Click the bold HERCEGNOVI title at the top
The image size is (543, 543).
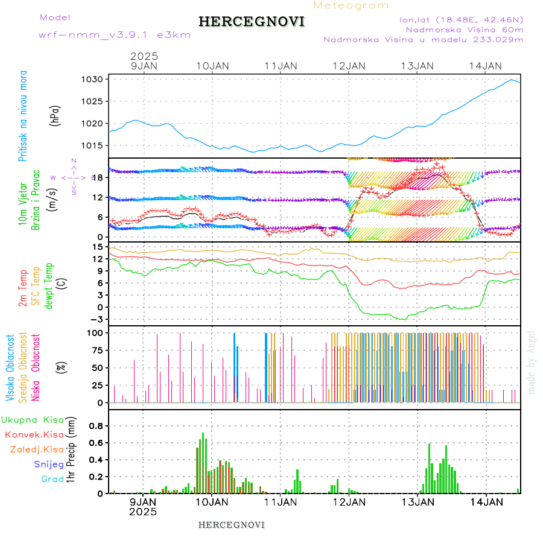pos(252,22)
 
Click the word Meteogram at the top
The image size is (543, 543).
pos(351,5)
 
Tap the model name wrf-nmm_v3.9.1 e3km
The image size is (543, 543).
pos(115,35)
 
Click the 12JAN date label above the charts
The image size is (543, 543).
pos(349,66)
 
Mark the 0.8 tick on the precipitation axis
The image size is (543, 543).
pos(97,425)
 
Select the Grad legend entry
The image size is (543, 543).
pos(52,480)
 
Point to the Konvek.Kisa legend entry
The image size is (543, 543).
pos(34,434)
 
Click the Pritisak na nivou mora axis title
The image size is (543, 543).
pos(24,116)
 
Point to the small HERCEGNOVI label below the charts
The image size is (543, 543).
pos(232,524)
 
